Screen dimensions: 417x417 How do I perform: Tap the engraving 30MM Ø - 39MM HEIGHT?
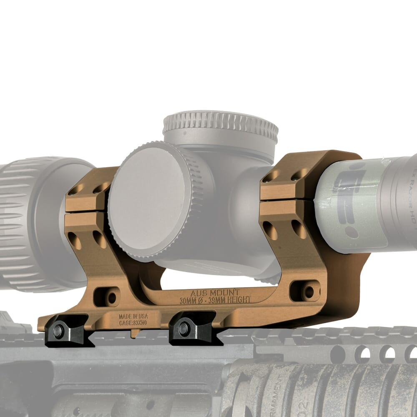(x=215, y=300)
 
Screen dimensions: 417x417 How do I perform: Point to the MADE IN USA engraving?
(x=133, y=317)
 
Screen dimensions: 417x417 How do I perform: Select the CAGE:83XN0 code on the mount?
(x=133, y=322)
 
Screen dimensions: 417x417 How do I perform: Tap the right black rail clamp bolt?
(x=183, y=329)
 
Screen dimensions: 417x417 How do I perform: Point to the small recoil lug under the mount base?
(x=135, y=334)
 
